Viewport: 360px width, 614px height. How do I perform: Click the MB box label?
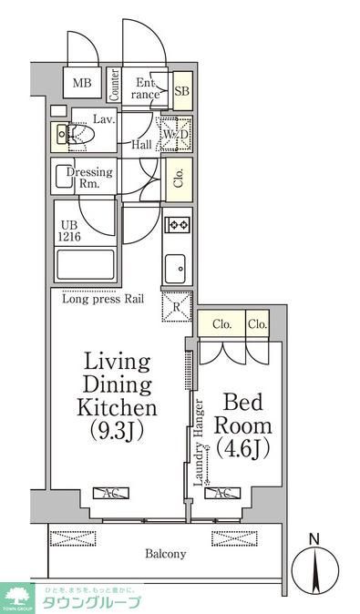(82, 85)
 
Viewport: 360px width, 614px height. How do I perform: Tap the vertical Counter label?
(115, 85)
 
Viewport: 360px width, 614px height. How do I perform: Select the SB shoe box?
(181, 91)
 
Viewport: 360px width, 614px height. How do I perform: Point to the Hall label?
(140, 144)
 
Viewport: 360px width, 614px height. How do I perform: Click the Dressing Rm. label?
(91, 177)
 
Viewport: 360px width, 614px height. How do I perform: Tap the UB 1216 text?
(72, 230)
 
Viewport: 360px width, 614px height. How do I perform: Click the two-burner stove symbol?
(176, 224)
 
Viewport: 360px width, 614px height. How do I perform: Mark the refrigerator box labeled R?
(176, 306)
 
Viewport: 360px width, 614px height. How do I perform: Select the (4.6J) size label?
(242, 447)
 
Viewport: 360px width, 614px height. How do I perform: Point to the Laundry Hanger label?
(198, 445)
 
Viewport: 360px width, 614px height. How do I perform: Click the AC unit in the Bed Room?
(221, 494)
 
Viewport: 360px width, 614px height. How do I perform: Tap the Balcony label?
(164, 553)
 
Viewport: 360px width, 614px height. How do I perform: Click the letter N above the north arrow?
(315, 539)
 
